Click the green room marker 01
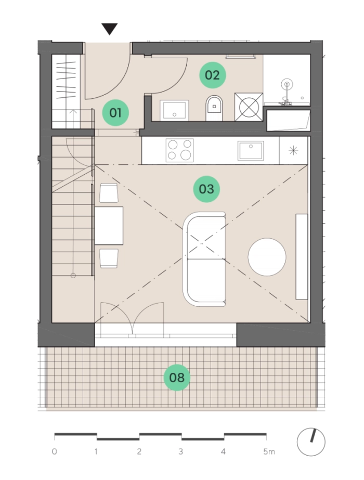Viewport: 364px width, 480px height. click(115, 113)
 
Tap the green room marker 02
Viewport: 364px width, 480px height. click(213, 75)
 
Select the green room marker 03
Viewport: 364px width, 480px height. click(206, 189)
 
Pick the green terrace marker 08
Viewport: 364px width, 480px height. click(177, 378)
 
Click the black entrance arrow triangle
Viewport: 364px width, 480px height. click(110, 29)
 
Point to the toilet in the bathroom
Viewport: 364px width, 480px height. click(214, 108)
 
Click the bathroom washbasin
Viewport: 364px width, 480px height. click(174, 110)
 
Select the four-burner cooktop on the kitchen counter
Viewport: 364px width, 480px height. click(180, 150)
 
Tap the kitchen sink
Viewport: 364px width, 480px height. click(251, 150)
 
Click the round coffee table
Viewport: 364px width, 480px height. click(267, 257)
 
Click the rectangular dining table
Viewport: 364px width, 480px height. click(109, 226)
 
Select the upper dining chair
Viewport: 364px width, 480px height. click(109, 193)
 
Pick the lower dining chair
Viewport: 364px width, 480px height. click(109, 258)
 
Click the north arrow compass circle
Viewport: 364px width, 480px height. click(311, 442)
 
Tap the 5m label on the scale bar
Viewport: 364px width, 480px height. click(269, 451)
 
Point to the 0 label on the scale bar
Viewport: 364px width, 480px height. click(54, 451)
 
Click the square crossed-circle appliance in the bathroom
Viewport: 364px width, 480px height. click(249, 107)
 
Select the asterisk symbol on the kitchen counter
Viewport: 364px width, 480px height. click(293, 150)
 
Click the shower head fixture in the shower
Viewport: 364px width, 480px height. click(287, 84)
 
